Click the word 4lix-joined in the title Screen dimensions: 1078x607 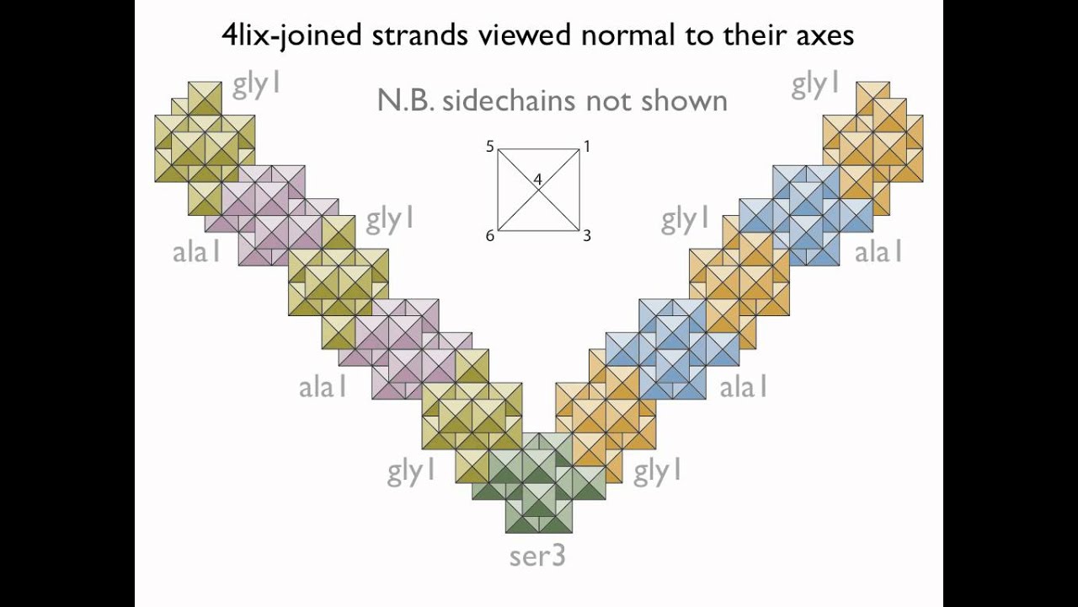click(x=291, y=35)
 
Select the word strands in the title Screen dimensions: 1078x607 click(x=419, y=35)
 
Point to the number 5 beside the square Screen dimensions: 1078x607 click(x=490, y=147)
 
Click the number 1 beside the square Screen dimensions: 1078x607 click(x=587, y=147)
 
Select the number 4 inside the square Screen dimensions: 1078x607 click(x=538, y=180)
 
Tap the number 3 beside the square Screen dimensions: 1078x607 click(x=587, y=235)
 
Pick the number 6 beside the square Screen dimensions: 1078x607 click(x=490, y=235)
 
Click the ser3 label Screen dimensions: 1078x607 click(x=537, y=556)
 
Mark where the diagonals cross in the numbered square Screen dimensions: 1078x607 click(x=538, y=191)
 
